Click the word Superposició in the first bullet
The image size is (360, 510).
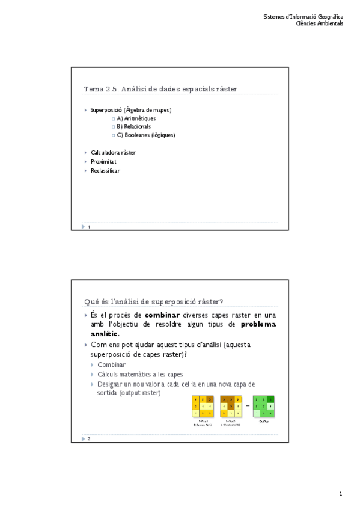(105, 110)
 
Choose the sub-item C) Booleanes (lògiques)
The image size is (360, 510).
(145, 135)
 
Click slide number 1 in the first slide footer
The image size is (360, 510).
(89, 227)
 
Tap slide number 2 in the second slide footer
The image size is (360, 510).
(89, 438)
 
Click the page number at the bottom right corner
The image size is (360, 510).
(340, 494)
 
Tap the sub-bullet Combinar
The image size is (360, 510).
(112, 365)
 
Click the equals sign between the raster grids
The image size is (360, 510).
(247, 406)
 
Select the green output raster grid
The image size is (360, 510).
(264, 407)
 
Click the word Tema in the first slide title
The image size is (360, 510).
(93, 89)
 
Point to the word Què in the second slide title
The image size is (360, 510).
(91, 301)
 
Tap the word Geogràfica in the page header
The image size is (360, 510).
(330, 16)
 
